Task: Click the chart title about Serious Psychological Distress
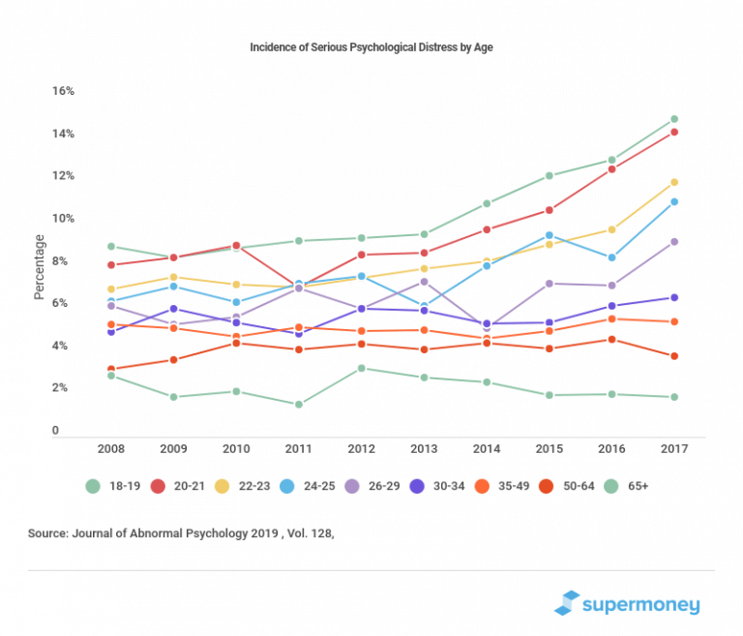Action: pyautogui.click(x=371, y=46)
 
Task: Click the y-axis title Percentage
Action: pyautogui.click(x=40, y=266)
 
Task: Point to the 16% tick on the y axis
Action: pyautogui.click(x=63, y=91)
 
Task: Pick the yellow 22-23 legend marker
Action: pyautogui.click(x=220, y=486)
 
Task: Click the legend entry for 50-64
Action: pyautogui.click(x=564, y=486)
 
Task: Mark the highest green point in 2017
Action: pyautogui.click(x=674, y=119)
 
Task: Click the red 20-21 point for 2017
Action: pyautogui.click(x=674, y=133)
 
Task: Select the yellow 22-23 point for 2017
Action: pyautogui.click(x=674, y=182)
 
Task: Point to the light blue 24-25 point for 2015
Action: pyautogui.click(x=550, y=235)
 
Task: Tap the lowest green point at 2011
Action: pyautogui.click(x=299, y=405)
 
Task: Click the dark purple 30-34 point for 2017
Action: pyautogui.click(x=674, y=297)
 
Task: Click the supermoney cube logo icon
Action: pyautogui.click(x=567, y=603)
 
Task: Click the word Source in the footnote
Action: pyautogui.click(x=54, y=532)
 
